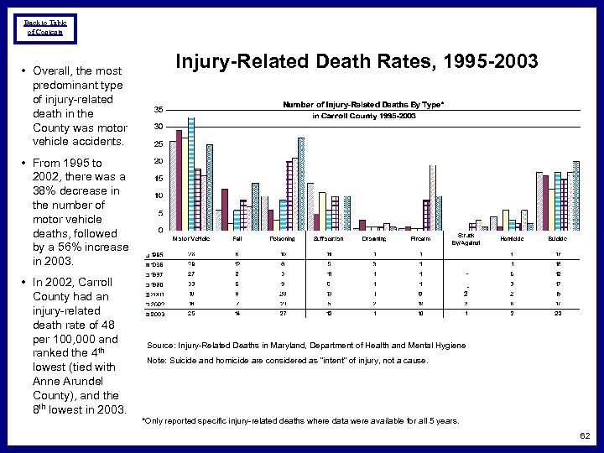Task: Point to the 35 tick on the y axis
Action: pos(159,110)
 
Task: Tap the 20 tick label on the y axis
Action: pos(159,161)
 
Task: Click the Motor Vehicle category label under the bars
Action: pos(190,239)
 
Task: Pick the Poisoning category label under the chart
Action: pos(281,239)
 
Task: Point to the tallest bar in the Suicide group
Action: pos(575,195)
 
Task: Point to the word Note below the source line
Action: pos(156,360)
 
